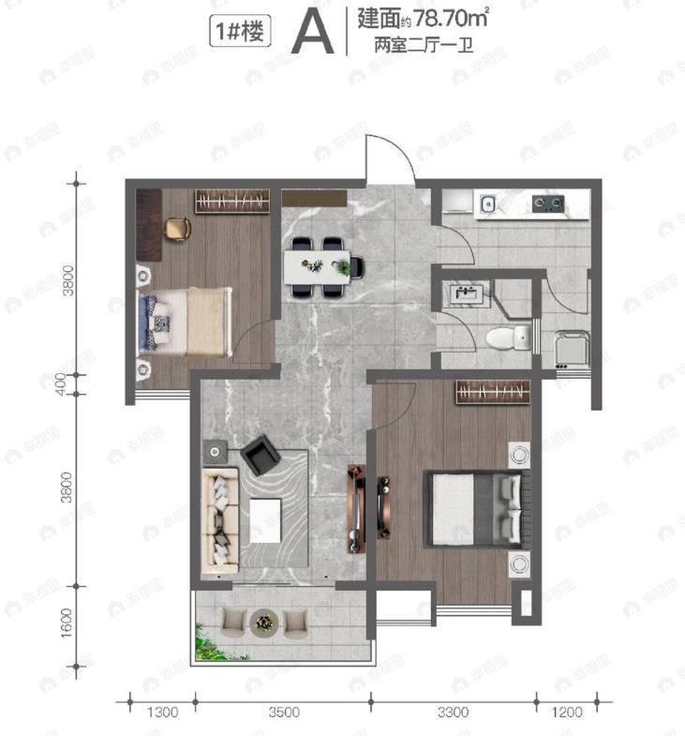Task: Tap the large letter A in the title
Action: [x=312, y=35]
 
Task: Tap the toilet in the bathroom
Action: [x=510, y=336]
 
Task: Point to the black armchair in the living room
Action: [x=260, y=458]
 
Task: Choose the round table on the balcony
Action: [x=264, y=621]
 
